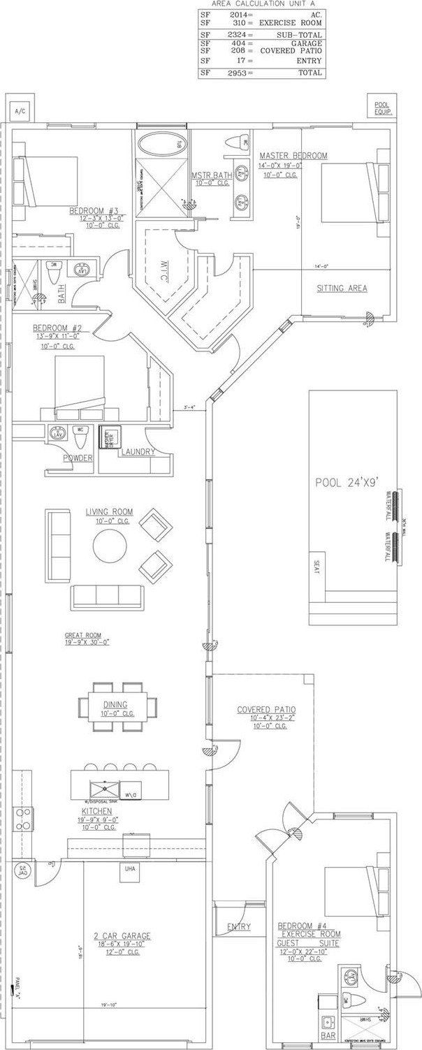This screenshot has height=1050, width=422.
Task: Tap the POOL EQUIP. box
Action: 381,107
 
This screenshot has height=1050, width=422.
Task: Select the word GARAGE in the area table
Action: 307,43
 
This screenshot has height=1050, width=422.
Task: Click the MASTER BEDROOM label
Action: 293,155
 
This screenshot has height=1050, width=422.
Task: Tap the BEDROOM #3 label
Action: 96,210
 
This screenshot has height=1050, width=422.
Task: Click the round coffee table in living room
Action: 110,544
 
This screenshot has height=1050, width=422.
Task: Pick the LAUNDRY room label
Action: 137,452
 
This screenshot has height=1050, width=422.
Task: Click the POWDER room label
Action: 78,458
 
